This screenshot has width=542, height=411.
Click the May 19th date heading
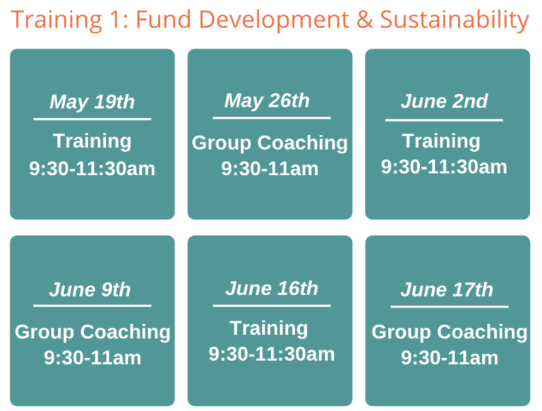tap(92, 102)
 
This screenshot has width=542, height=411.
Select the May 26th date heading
tap(267, 101)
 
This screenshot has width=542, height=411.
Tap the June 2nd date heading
tap(444, 101)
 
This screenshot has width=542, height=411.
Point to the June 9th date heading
tap(90, 290)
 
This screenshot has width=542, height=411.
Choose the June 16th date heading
tap(272, 288)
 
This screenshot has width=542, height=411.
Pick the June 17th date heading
tap(447, 290)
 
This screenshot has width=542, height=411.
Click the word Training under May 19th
tap(92, 141)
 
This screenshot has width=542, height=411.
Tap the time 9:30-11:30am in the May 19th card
tap(92, 169)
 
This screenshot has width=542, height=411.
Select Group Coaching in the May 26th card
tap(270, 143)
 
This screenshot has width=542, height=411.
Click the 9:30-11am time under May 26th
tap(270, 169)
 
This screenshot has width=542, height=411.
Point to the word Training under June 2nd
tap(441, 141)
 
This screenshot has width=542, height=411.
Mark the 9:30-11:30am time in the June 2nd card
tap(444, 167)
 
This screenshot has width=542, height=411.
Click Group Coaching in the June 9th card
tap(92, 332)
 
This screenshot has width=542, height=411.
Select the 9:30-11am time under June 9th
tap(92, 358)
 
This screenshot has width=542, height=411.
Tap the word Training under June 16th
tap(269, 328)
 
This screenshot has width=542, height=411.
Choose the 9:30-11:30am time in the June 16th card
tap(272, 355)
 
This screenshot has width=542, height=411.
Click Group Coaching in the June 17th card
tap(450, 332)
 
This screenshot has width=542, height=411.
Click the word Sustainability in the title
tap(454, 20)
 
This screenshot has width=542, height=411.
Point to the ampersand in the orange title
tap(364, 19)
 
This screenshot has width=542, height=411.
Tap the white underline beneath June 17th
tap(450, 306)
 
